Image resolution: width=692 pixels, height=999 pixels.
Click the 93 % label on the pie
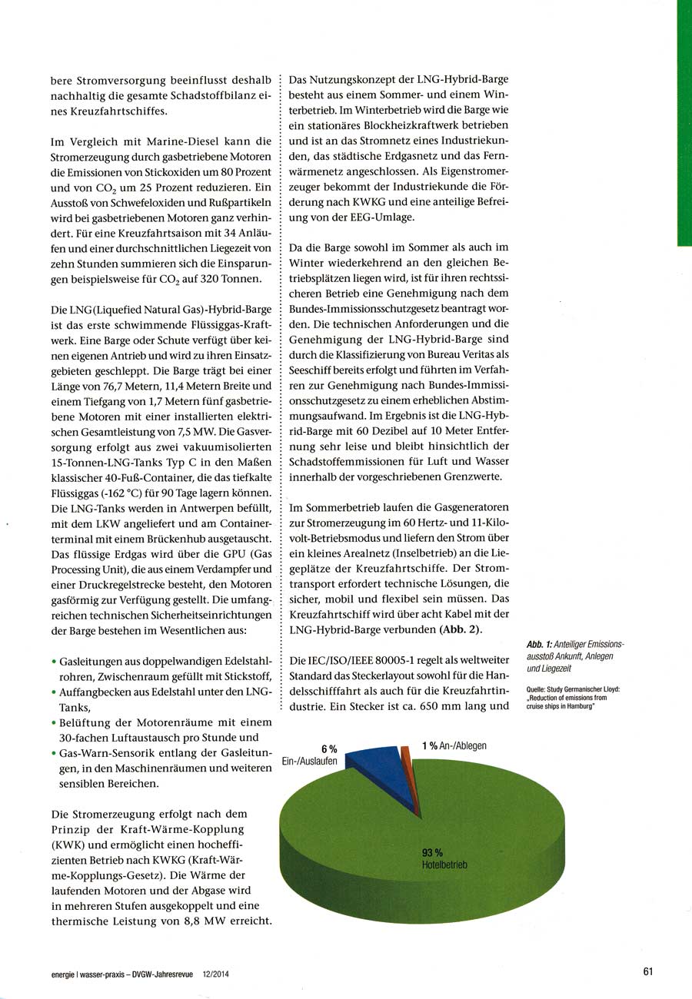(432, 852)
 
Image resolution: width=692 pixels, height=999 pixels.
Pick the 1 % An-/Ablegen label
(454, 745)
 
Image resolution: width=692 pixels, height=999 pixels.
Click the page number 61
(647, 971)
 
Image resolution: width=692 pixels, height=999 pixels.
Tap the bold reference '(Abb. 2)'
(460, 630)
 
